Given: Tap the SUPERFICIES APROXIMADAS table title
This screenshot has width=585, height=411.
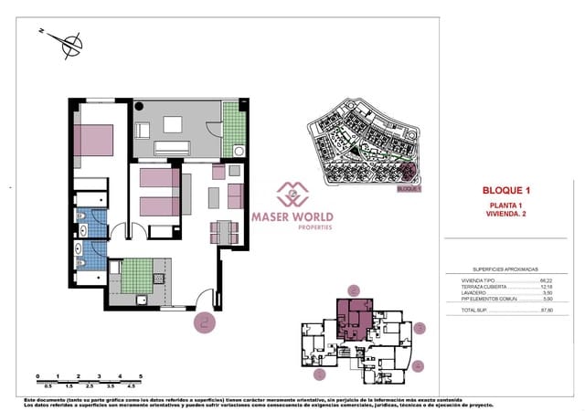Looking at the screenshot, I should (x=504, y=269).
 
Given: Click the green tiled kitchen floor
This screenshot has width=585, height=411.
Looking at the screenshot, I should (x=138, y=272).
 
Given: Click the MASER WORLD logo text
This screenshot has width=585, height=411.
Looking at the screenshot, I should (x=292, y=218).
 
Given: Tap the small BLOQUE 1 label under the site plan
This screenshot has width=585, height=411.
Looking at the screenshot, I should (x=409, y=190).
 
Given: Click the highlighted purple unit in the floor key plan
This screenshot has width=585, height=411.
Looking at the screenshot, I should (x=353, y=317).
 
